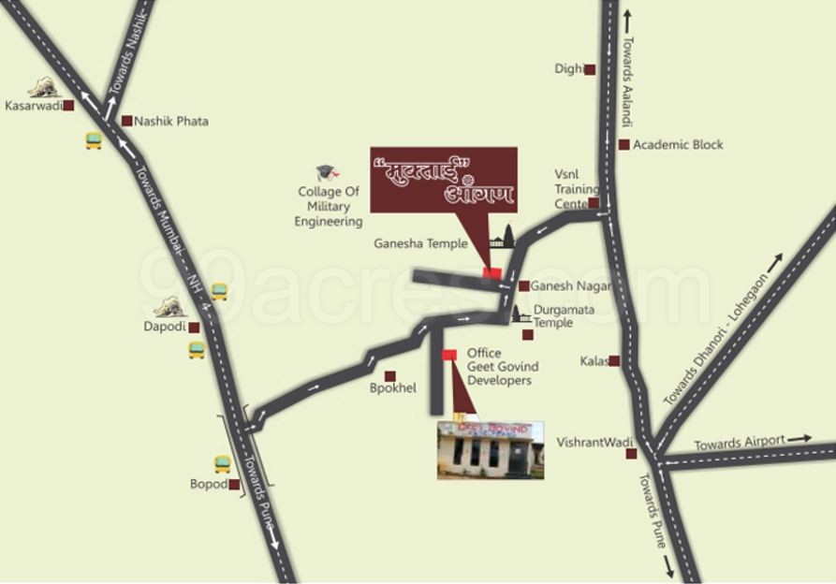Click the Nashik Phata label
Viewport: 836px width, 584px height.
click(171, 122)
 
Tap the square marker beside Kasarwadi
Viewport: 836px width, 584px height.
click(68, 106)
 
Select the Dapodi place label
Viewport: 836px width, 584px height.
click(164, 328)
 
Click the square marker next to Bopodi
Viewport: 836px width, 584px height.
click(233, 485)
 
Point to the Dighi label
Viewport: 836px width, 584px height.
click(568, 69)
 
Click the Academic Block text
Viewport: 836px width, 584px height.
click(678, 145)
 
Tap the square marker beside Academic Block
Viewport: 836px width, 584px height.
click(623, 144)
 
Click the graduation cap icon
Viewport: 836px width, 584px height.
click(326, 173)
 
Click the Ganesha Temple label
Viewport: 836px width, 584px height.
click(420, 243)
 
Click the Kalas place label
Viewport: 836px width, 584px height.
click(594, 360)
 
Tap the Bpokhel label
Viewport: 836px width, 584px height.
click(392, 387)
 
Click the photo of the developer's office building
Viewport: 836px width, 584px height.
click(490, 450)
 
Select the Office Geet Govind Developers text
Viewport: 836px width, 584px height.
click(499, 368)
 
